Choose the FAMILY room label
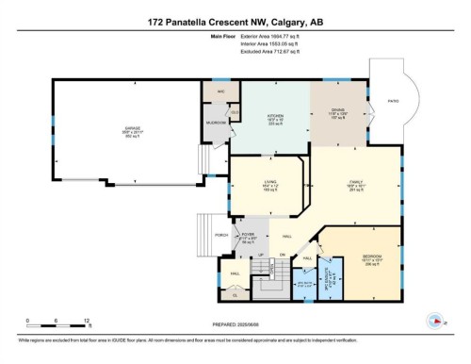(x=355, y=185)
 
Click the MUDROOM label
(x=216, y=124)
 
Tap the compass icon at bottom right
(x=435, y=318)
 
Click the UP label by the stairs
(x=260, y=256)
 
